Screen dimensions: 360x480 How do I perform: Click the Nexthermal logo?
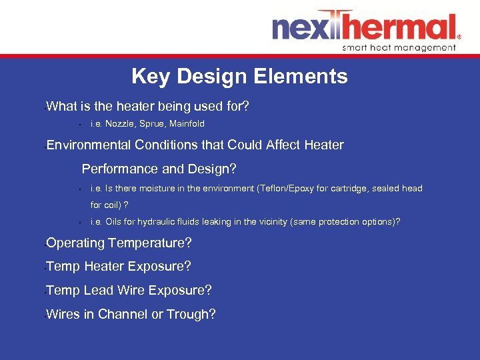[365, 27]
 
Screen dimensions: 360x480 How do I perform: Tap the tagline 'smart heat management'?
[399, 47]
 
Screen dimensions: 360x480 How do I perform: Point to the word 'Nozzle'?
[121, 124]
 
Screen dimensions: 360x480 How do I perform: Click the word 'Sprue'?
[154, 124]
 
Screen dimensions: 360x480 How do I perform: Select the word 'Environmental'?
[89, 145]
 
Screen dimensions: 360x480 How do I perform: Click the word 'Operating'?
[75, 243]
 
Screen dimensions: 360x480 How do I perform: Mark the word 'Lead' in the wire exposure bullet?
[98, 291]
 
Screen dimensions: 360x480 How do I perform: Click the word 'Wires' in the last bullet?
[63, 315]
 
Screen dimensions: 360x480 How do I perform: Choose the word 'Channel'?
[123, 315]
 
